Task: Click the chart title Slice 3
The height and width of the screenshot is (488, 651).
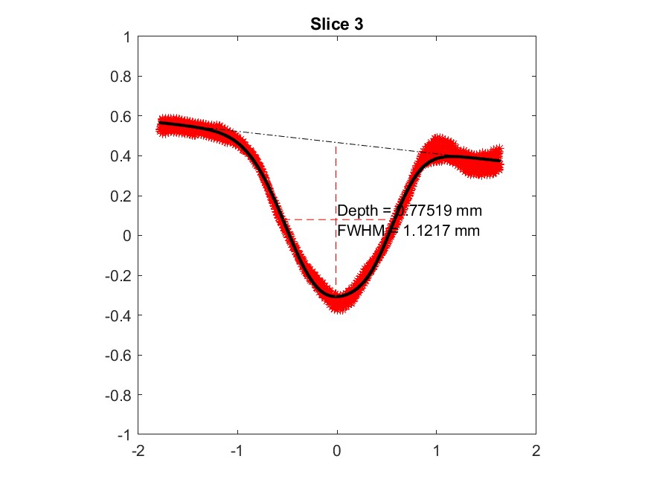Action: pos(336,25)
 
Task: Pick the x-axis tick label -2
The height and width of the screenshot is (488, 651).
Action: pos(136,451)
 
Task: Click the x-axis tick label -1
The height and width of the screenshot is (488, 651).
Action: pos(236,451)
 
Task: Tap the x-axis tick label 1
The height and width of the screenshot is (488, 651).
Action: pos(437,451)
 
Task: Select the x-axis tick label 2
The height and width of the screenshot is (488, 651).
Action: pos(536,451)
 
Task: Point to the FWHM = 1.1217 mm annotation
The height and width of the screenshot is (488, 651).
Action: pos(408,231)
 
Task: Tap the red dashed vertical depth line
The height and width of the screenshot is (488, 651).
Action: pos(336,179)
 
